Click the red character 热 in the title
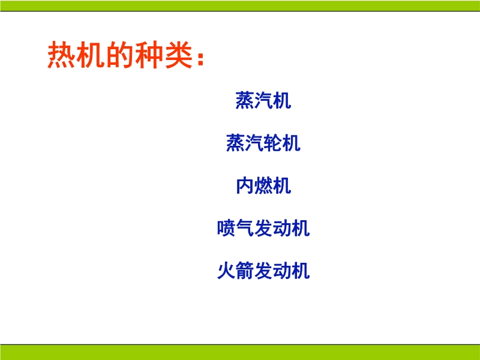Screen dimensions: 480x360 (x=61, y=55)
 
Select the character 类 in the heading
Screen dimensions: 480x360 (x=178, y=55)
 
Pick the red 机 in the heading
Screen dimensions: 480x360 (x=91, y=55)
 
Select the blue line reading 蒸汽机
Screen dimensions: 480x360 (x=263, y=100)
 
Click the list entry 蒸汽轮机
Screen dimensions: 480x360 (x=263, y=143)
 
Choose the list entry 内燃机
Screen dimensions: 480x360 (x=263, y=185)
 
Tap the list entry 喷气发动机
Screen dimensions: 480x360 (x=263, y=228)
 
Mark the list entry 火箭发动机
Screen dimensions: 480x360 (x=263, y=271)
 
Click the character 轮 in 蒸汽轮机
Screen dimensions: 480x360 (x=272, y=143)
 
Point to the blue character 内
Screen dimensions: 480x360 (x=245, y=185)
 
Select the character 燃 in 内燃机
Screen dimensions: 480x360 (x=263, y=185)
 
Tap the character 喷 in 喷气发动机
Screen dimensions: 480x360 (x=226, y=228)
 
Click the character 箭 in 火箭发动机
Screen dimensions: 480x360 (x=245, y=271)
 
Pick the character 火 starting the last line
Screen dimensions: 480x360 (x=226, y=271)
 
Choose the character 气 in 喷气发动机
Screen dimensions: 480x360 (x=245, y=228)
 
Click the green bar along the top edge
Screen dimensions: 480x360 (x=240, y=5)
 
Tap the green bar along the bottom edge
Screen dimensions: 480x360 (x=240, y=352)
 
